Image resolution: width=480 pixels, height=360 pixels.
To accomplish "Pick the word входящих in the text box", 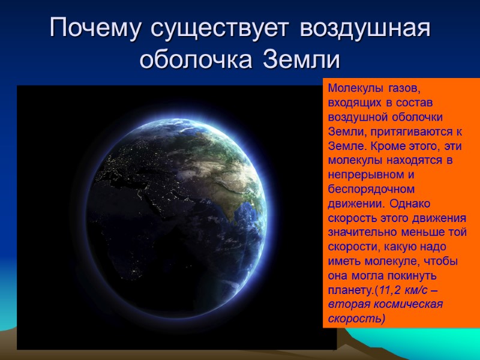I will click(x=351, y=102).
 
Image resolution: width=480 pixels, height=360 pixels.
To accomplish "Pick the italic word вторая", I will click(x=345, y=305).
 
